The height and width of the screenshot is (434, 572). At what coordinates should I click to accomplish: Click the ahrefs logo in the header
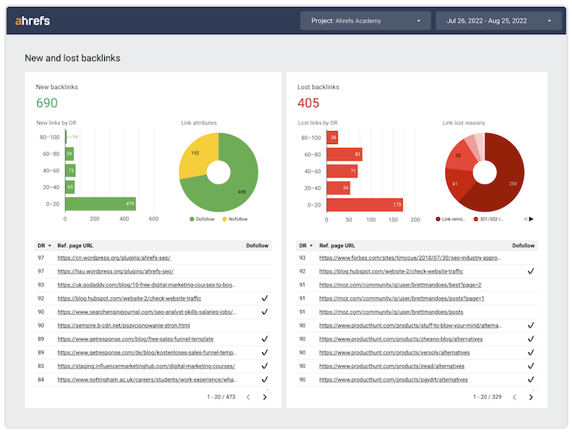33,21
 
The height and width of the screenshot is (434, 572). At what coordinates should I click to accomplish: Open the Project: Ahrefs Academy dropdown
365,21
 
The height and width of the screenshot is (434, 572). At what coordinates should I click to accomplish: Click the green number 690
47,103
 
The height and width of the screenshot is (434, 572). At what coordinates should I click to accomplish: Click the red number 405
308,103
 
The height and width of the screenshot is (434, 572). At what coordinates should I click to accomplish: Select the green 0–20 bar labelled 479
100,203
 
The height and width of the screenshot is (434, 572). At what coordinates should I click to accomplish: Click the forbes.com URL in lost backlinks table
410,258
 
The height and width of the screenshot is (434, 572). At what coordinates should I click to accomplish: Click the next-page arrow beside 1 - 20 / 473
265,397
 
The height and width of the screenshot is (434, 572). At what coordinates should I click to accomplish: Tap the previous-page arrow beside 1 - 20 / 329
513,397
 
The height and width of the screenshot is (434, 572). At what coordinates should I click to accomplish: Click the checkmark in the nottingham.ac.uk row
265,379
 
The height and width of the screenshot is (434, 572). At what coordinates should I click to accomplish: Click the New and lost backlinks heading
72,58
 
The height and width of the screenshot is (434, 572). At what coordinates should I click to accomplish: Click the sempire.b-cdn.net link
123,325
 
